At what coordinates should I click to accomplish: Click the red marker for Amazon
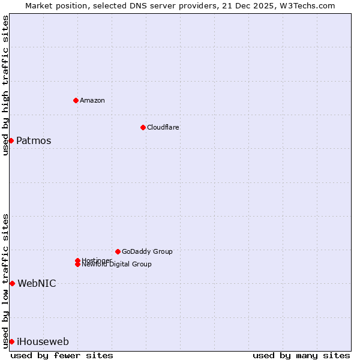pyautogui.click(x=76, y=100)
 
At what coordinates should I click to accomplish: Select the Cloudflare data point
pyautogui.click(x=143, y=127)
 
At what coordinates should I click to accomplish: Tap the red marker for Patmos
pyautogui.click(x=11, y=140)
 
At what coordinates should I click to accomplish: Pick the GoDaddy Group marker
pyautogui.click(x=118, y=251)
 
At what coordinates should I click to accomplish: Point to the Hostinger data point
pyautogui.click(x=77, y=260)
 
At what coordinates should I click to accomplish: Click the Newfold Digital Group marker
pyautogui.click(x=77, y=264)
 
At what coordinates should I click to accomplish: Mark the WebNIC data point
pyautogui.click(x=12, y=283)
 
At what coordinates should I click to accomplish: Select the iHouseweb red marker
pyautogui.click(x=11, y=341)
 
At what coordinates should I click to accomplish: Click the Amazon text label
pyautogui.click(x=92, y=100)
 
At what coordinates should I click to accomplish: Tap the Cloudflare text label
pyautogui.click(x=163, y=127)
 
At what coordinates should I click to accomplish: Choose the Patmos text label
pyautogui.click(x=34, y=141)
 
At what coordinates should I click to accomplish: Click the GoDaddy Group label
pyautogui.click(x=147, y=251)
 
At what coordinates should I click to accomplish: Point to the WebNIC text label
pyautogui.click(x=37, y=284)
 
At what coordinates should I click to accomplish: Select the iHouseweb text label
pyautogui.click(x=43, y=342)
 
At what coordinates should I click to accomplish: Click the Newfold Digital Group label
pyautogui.click(x=117, y=265)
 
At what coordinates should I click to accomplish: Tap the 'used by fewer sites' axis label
pyautogui.click(x=62, y=356)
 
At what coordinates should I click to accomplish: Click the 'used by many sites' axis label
pyautogui.click(x=301, y=356)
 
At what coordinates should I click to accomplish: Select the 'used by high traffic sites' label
pyautogui.click(x=6, y=85)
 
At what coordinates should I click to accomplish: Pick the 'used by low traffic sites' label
pyautogui.click(x=6, y=280)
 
